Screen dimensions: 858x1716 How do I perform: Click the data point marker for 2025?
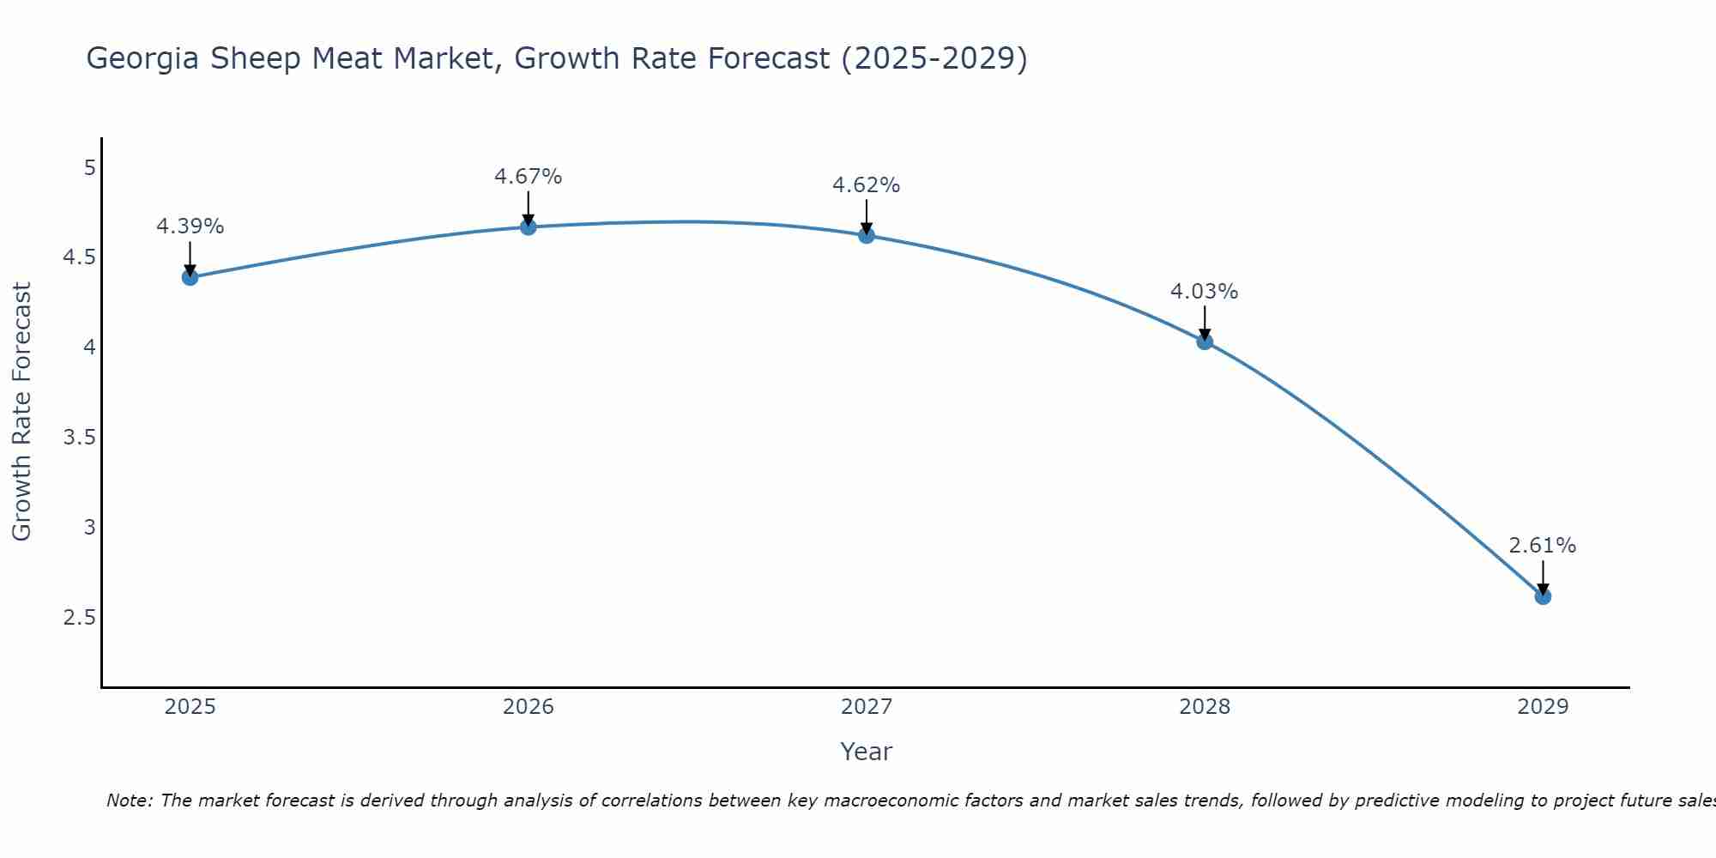coord(190,277)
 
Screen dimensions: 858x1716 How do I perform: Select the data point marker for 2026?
coord(529,227)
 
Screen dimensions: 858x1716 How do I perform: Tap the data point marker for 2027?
coord(867,235)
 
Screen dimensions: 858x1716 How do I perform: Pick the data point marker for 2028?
coord(1205,341)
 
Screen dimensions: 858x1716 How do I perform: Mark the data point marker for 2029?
coord(1543,596)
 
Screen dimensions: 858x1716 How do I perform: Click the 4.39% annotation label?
coord(190,227)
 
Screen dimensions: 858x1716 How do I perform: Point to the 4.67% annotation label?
coord(529,177)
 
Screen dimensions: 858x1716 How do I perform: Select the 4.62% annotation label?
coord(867,185)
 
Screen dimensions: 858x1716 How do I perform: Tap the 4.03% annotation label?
coord(1205,292)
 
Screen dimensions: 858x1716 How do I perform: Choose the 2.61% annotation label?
coord(1543,546)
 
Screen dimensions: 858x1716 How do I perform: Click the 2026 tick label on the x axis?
coord(529,707)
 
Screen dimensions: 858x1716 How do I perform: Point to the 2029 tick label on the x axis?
coord(1543,707)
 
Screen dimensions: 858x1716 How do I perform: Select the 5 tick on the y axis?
coord(89,167)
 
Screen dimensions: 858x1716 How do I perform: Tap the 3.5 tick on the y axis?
coord(79,438)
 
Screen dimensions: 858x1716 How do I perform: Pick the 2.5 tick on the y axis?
coord(79,618)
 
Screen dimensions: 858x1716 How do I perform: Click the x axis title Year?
coord(867,752)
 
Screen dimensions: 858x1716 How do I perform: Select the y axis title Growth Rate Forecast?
coord(21,412)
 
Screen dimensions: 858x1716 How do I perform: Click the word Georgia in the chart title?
coord(142,59)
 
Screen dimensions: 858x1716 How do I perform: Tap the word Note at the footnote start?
coord(129,801)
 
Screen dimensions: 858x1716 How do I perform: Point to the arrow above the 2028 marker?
coord(1205,323)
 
